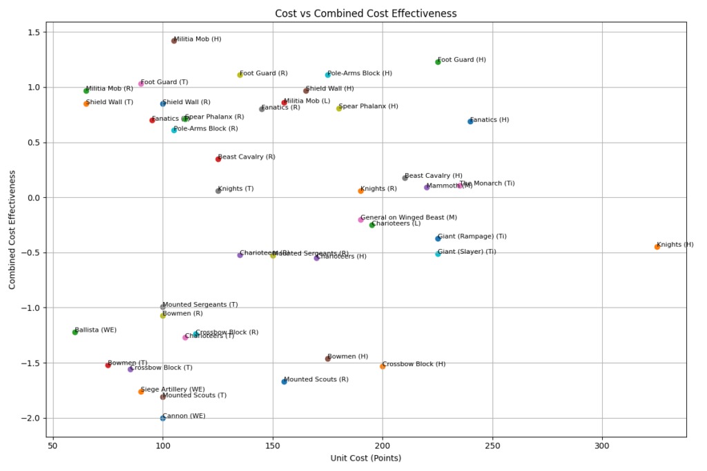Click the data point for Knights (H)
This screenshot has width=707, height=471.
point(657,247)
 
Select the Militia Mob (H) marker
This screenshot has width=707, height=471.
point(174,41)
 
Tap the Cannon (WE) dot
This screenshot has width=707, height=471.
point(163,418)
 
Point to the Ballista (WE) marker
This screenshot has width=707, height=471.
point(75,332)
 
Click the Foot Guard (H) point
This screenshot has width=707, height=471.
point(438,62)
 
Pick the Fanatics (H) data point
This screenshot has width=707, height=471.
point(470,121)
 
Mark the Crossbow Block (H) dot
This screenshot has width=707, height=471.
point(382,366)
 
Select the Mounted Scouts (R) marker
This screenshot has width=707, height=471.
point(284,381)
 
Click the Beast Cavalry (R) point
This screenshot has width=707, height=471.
point(218,159)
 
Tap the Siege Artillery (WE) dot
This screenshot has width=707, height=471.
point(141,392)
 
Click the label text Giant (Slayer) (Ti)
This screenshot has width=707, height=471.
point(467,252)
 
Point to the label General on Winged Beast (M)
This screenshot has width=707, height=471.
point(409,217)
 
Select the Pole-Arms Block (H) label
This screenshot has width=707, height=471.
point(360,73)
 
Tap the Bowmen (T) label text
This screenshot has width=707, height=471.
point(128,363)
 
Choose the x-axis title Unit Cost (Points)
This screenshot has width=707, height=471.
point(367,458)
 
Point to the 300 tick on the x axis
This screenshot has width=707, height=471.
point(602,446)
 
